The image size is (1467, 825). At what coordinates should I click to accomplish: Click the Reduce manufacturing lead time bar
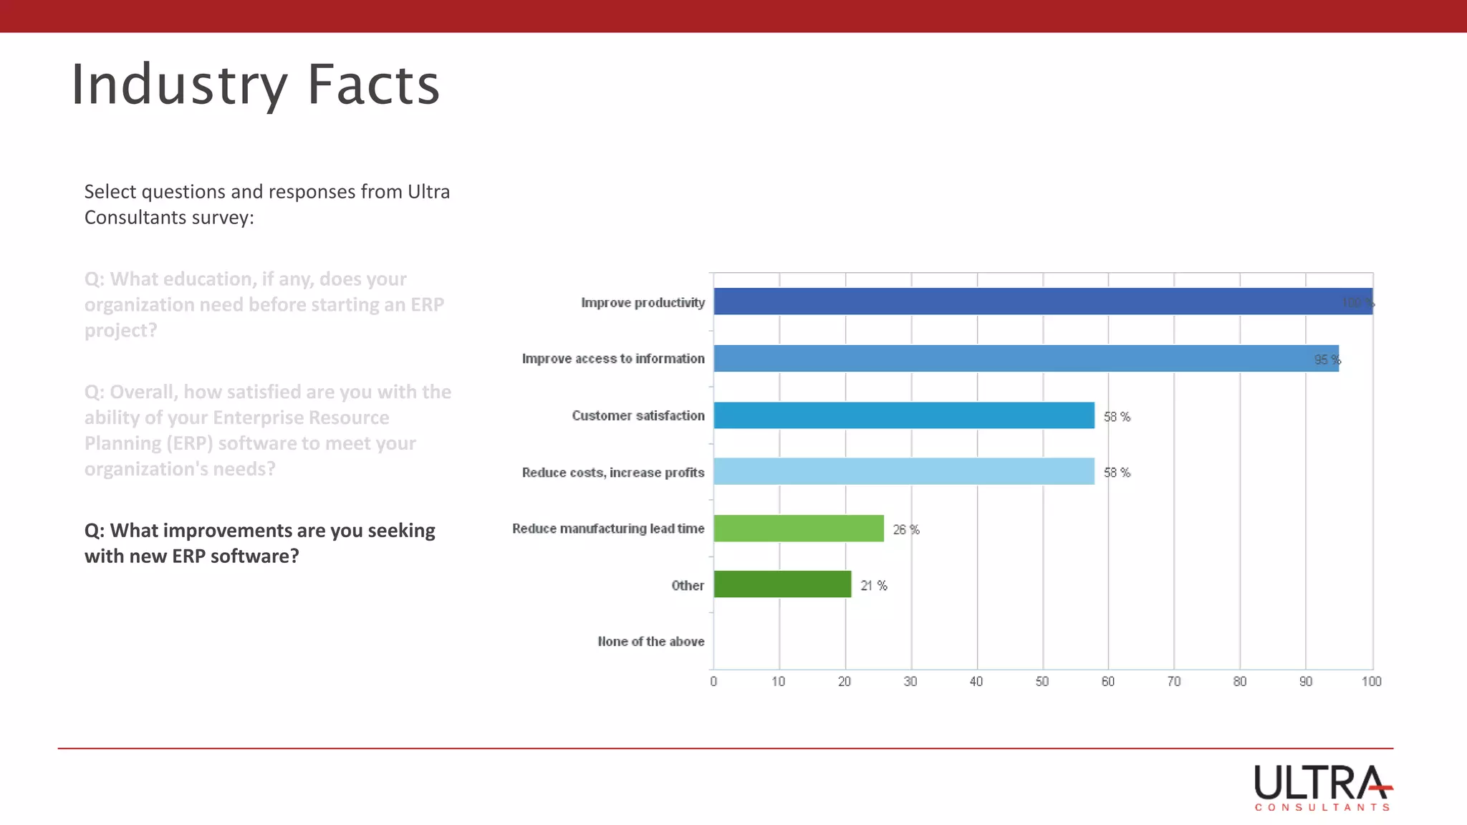799,529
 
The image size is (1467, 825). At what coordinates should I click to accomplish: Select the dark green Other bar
782,584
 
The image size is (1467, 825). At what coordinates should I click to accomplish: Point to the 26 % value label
906,530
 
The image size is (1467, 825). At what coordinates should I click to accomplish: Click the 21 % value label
874,586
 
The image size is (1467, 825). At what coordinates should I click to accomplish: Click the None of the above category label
650,642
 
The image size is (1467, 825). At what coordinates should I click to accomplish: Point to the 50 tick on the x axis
1042,682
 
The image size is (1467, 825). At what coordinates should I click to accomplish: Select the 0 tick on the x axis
713,682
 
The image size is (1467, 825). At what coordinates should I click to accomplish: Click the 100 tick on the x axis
1371,682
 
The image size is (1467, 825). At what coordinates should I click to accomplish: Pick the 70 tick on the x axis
1174,682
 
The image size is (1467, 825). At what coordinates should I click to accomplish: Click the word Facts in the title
373,85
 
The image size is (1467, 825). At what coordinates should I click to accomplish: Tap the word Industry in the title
179,85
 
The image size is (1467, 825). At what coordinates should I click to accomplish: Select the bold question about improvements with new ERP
260,543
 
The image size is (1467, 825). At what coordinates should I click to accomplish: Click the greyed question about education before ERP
264,304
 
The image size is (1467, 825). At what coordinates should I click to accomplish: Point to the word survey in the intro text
220,218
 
